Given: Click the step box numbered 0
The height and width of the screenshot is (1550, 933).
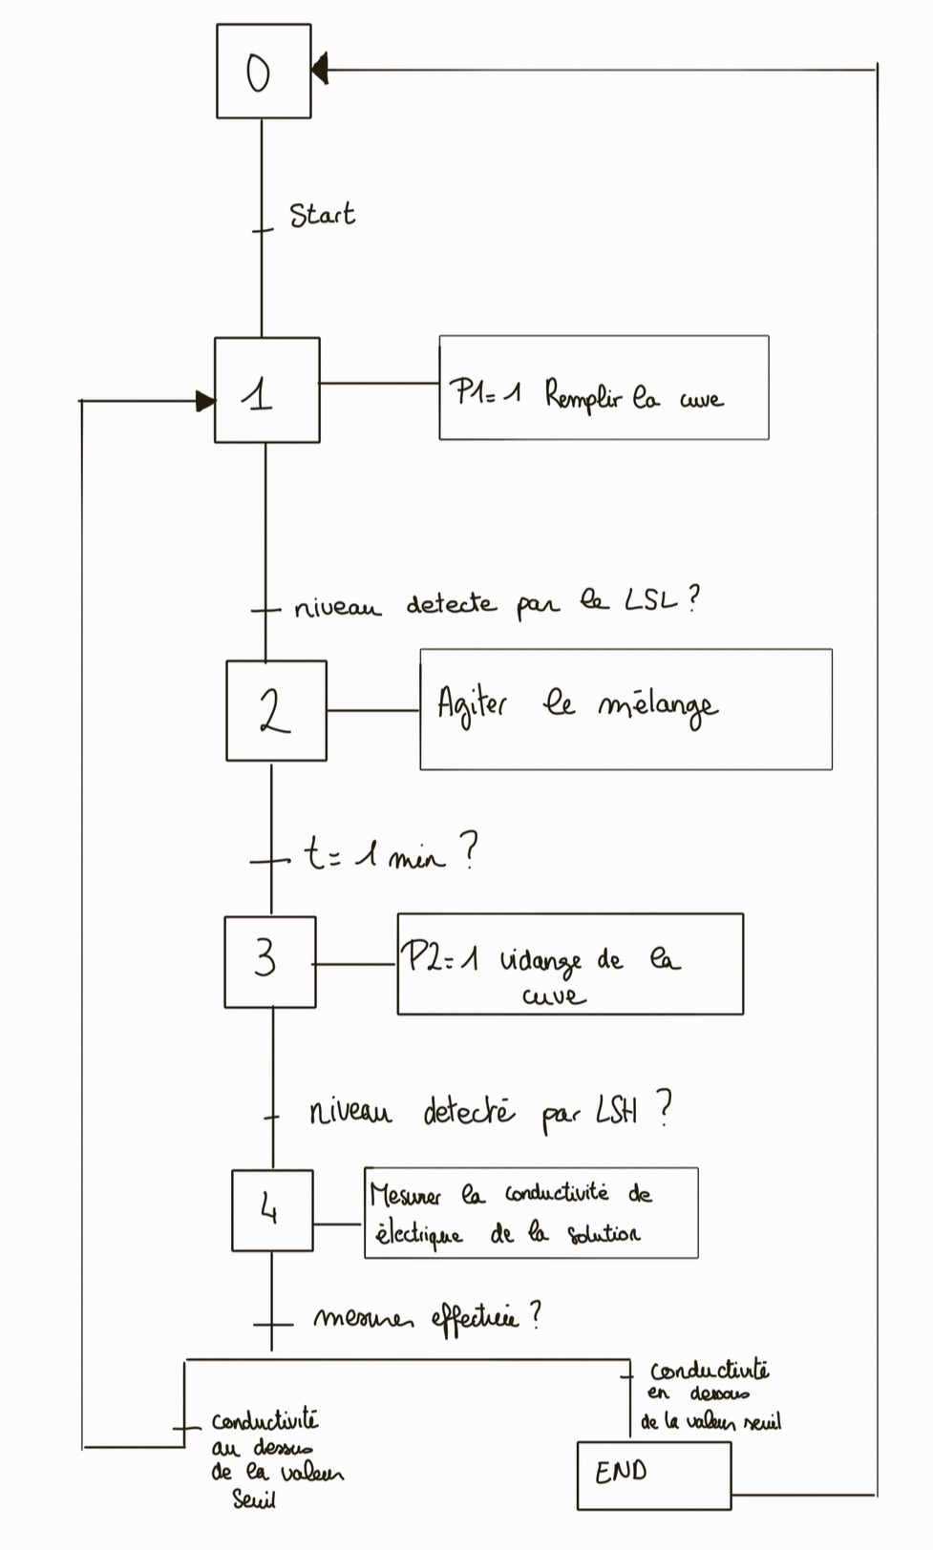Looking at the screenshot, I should click(x=264, y=72).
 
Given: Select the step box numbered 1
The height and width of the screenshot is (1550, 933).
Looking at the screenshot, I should click(x=266, y=390).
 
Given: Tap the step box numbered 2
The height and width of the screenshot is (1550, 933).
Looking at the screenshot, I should click(x=276, y=711).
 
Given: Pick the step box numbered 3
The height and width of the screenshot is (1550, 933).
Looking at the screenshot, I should click(x=270, y=962).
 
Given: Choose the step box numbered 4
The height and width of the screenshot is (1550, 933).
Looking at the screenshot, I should click(x=272, y=1210).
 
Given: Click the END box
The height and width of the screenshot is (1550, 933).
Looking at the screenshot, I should click(x=654, y=1476).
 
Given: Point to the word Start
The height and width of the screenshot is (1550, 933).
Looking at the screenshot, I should click(x=322, y=215).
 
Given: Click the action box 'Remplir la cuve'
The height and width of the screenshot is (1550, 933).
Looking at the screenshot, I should click(x=604, y=388).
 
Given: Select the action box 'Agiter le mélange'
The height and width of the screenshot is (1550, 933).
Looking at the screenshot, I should click(x=626, y=709).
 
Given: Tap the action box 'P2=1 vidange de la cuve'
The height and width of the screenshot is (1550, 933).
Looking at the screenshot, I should click(x=570, y=964).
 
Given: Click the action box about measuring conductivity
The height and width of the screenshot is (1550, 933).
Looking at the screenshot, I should click(x=531, y=1213).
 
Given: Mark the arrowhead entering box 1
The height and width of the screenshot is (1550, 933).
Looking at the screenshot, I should click(x=205, y=401).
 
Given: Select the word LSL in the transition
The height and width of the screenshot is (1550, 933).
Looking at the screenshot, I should click(x=651, y=600).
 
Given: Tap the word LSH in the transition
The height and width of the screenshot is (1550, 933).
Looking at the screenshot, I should click(x=617, y=1110).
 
